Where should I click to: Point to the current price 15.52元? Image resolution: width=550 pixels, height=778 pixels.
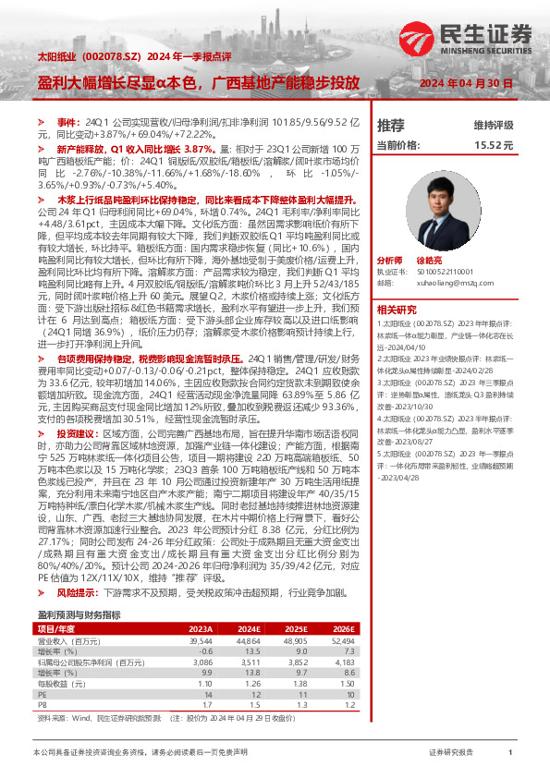tap(494, 146)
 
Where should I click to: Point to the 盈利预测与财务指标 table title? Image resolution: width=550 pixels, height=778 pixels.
tap(79, 590)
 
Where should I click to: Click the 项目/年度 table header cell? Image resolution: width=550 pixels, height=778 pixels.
tap(55, 603)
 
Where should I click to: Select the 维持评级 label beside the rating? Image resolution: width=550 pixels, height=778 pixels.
tap(493, 125)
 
